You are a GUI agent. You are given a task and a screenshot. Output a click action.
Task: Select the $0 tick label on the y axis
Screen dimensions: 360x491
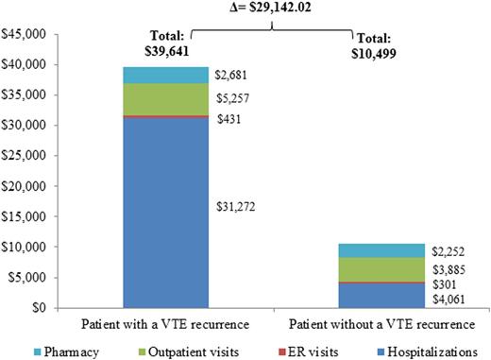[36, 307]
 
